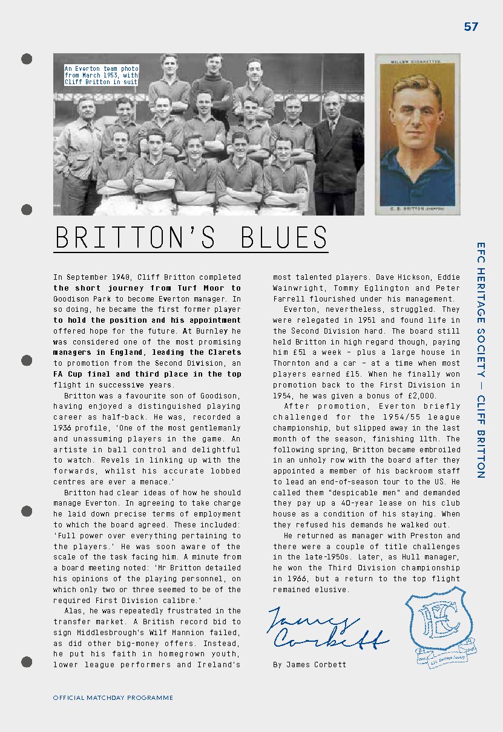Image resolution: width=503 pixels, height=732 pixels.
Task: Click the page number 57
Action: pyautogui.click(x=471, y=27)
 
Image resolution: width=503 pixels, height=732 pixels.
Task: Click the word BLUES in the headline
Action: pyautogui.click(x=284, y=237)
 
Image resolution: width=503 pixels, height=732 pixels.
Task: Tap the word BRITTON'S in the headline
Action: pyautogui.click(x=135, y=237)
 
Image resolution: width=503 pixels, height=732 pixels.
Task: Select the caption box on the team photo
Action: pyautogui.click(x=102, y=75)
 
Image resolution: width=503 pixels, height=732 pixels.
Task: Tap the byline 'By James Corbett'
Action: pyautogui.click(x=309, y=664)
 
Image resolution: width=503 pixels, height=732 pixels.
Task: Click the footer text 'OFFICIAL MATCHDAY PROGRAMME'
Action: pyautogui.click(x=113, y=697)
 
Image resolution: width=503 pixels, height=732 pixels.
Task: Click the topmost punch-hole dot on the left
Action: pyautogui.click(x=27, y=59)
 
